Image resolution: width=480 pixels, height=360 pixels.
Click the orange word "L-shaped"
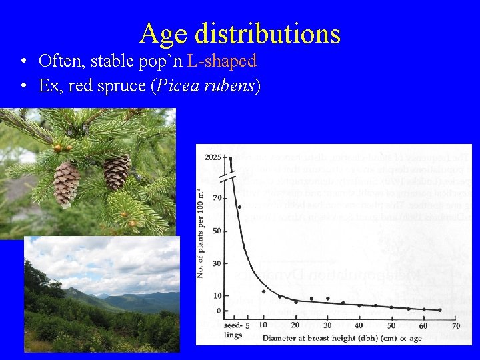tap(222, 61)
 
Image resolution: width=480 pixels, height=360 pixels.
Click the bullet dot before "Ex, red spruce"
tap(23, 87)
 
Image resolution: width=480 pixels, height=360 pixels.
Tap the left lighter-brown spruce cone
tap(66, 183)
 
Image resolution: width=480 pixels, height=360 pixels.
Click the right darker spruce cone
tap(117, 172)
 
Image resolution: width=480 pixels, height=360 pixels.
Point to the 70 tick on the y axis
tap(217, 198)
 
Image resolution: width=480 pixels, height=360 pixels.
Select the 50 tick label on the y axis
tap(217, 231)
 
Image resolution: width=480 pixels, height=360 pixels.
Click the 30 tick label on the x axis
tap(327, 325)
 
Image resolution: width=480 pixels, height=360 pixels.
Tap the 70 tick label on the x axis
tap(456, 325)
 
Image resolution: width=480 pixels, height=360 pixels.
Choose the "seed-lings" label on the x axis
tap(233, 331)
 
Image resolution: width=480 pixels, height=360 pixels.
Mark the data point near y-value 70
tap(239, 207)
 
